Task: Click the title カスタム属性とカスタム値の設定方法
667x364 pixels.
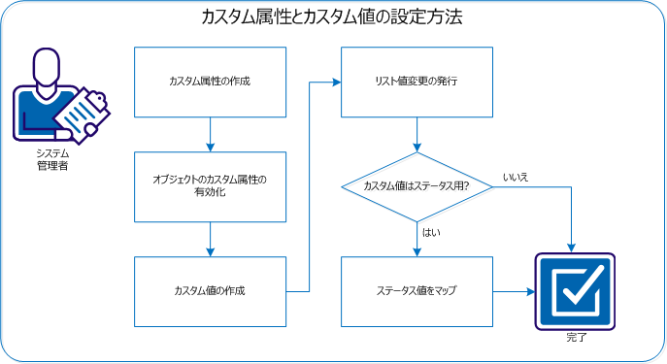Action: (x=332, y=17)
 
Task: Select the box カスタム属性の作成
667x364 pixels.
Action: (x=210, y=81)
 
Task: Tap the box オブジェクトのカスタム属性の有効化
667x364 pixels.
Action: (x=210, y=186)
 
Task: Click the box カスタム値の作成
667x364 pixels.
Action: (x=210, y=291)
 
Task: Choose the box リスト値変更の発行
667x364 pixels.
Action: (x=417, y=81)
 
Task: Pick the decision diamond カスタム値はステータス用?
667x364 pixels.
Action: (x=417, y=186)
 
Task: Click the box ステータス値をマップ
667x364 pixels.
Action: (x=417, y=291)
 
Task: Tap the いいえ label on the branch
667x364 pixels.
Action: (x=516, y=177)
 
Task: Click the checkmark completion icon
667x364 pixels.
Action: (x=575, y=291)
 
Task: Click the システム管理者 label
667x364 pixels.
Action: (x=51, y=159)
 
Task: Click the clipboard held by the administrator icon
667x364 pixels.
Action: (x=82, y=116)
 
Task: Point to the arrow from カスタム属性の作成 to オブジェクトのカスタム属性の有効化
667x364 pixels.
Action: (x=210, y=134)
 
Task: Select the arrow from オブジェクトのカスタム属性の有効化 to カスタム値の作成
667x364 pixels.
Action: (x=210, y=239)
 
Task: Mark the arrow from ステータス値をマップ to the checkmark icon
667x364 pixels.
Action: (x=514, y=291)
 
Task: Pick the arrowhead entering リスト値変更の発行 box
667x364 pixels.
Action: (x=335, y=81)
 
